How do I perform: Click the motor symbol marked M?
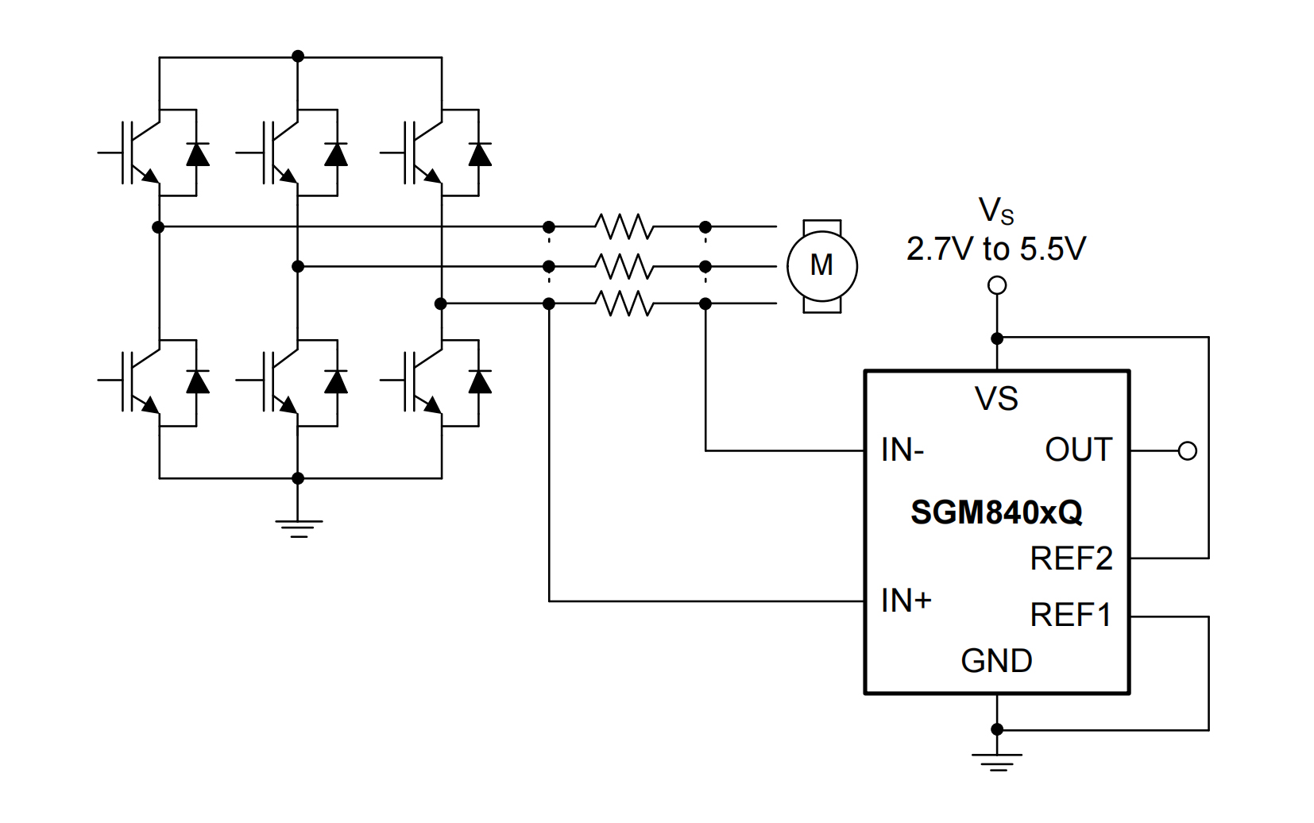click(x=821, y=265)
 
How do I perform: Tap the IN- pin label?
click(x=902, y=450)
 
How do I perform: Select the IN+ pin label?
click(x=906, y=601)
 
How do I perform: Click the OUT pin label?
click(x=1078, y=450)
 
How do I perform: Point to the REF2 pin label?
click(x=1071, y=558)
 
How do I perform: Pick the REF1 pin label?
click(x=1070, y=615)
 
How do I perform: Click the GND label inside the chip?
click(x=996, y=661)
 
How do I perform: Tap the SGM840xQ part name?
click(x=996, y=512)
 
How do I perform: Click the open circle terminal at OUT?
click(x=1188, y=451)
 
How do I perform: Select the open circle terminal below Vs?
click(x=997, y=285)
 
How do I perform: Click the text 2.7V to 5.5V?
click(x=996, y=249)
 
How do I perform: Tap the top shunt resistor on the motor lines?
click(x=624, y=227)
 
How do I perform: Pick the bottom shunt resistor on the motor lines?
click(x=624, y=303)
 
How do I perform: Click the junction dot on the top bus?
click(x=298, y=56)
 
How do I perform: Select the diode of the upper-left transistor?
click(x=197, y=153)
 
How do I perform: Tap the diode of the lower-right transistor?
click(x=479, y=382)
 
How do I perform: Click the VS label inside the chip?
click(x=996, y=399)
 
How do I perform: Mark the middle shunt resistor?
click(x=624, y=266)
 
